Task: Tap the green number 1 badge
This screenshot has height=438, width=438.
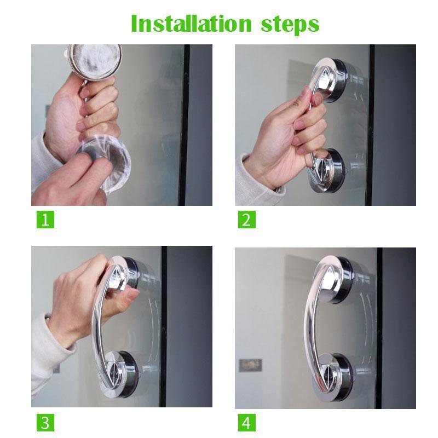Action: (x=45, y=220)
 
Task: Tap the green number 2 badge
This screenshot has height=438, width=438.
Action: (x=247, y=220)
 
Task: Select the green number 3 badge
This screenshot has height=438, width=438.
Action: (x=45, y=423)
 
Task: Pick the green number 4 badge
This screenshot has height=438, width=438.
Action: (x=247, y=423)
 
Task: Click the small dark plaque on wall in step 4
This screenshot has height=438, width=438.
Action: (x=251, y=365)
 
